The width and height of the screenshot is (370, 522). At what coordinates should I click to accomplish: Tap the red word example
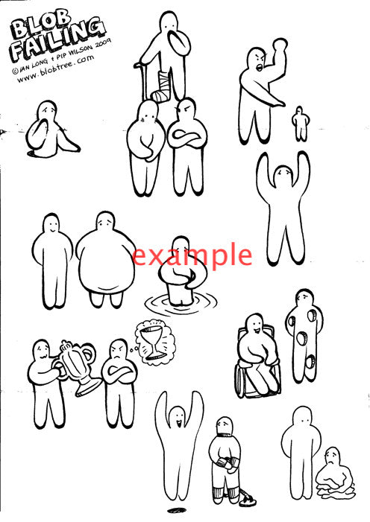[192, 255]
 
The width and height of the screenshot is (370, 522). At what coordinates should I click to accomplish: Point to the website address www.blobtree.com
[55, 69]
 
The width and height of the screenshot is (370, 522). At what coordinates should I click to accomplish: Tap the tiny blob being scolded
[300, 124]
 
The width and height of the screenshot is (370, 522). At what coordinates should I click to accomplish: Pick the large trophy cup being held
[79, 366]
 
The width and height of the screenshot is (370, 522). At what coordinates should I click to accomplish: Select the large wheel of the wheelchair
[242, 380]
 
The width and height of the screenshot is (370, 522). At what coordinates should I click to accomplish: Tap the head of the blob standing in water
[182, 246]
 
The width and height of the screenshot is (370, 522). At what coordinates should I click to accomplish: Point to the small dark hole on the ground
[177, 510]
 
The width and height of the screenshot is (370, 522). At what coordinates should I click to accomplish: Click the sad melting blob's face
[332, 456]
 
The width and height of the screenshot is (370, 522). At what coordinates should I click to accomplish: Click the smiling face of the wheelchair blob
[256, 325]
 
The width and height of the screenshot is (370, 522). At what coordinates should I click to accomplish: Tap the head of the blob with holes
[304, 297]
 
